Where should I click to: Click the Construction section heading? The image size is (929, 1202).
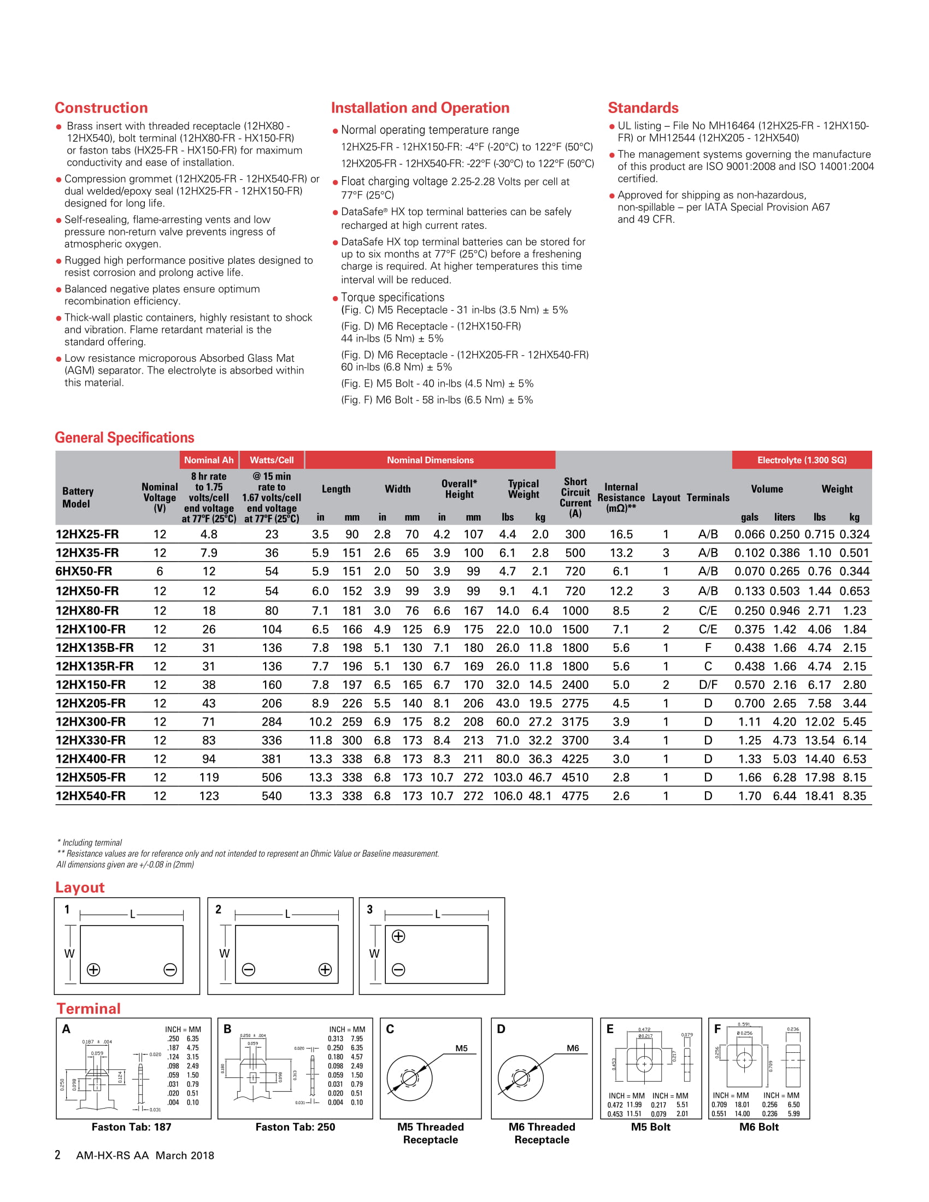point(101,108)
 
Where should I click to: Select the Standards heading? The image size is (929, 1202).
point(643,108)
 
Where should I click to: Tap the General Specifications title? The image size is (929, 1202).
point(125,438)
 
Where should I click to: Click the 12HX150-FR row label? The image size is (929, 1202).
point(91,685)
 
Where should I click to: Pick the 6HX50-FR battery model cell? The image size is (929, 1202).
point(84,571)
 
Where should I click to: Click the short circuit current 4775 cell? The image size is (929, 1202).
point(575,796)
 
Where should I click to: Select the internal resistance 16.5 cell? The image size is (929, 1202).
point(621,534)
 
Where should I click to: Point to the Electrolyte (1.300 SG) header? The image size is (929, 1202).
point(801,460)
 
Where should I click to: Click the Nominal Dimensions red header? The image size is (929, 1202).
point(430,460)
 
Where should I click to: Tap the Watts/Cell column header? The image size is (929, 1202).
point(272,460)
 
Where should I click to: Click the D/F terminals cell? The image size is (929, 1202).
point(708,685)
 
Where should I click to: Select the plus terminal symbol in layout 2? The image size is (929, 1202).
point(325,969)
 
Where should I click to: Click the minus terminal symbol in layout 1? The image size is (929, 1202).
point(170,969)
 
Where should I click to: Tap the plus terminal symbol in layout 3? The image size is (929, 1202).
point(398,935)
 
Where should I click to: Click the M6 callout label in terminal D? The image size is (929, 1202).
point(573,1048)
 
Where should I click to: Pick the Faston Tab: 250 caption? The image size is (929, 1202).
point(295,1127)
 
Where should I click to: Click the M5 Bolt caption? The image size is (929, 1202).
point(650,1127)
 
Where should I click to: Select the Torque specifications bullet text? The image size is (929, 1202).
point(392,297)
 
